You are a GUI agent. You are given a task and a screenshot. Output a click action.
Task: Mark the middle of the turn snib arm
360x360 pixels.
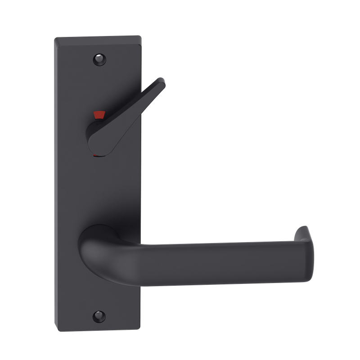(x=135, y=103)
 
